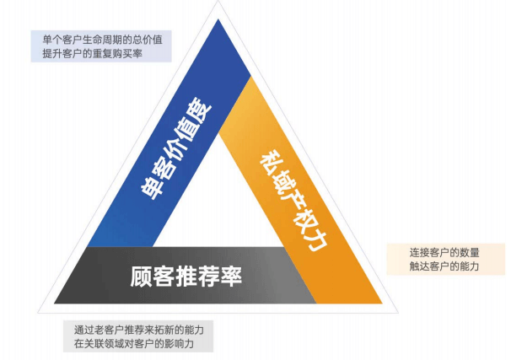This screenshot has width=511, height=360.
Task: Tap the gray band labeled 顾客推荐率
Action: pos(186,276)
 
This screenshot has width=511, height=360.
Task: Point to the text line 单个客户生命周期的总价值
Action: pos(102,40)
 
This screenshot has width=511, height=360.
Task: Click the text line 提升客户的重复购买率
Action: pos(93,53)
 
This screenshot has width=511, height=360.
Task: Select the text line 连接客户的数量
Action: pos(444,252)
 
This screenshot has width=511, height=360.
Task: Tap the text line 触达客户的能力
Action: pos(444,266)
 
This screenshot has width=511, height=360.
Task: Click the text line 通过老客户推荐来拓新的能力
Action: pos(139,330)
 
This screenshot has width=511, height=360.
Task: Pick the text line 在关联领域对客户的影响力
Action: pos(133,344)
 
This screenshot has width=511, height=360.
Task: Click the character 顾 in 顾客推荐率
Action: pos(141,277)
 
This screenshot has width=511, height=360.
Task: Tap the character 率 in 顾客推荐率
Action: pos(231,277)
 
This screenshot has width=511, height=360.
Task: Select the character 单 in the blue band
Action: pos(153,187)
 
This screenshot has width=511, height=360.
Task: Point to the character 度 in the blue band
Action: pos(200,109)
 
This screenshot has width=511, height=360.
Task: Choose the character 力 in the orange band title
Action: pos(315,240)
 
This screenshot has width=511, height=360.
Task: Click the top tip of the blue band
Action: pos(218,19)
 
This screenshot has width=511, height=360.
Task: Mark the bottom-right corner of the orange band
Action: pos(382,304)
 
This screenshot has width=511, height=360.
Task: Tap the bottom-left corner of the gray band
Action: pos(54,304)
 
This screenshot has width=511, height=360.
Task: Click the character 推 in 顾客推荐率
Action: pos(186,277)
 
